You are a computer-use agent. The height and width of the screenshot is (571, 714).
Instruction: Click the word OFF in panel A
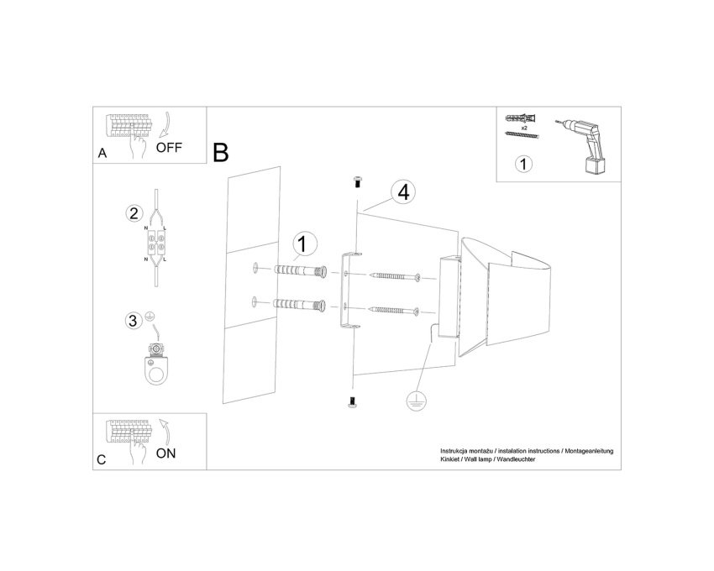[x=169, y=148]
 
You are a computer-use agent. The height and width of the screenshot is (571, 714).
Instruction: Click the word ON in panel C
[x=165, y=453]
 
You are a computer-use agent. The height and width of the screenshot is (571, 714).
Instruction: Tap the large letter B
[x=220, y=153]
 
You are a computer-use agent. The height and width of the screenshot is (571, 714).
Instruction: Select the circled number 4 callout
[x=403, y=192]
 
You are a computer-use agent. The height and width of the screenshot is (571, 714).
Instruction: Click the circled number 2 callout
[x=134, y=213]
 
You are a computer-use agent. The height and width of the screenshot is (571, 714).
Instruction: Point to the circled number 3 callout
[x=133, y=321]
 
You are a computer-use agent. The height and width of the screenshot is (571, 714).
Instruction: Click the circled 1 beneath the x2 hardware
[x=523, y=164]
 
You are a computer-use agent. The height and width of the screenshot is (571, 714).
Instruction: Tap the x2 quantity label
[x=524, y=128]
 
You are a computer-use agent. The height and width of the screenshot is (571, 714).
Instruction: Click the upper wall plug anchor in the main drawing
[x=301, y=271]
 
